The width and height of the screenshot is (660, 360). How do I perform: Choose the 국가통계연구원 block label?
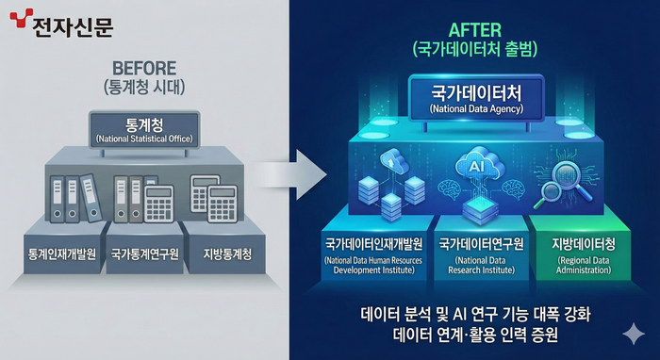tap(142, 254)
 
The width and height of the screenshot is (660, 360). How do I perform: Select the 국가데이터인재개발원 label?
tap(373, 242)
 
